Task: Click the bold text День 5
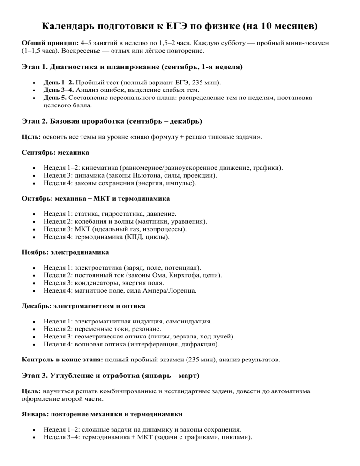tap(54, 98)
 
